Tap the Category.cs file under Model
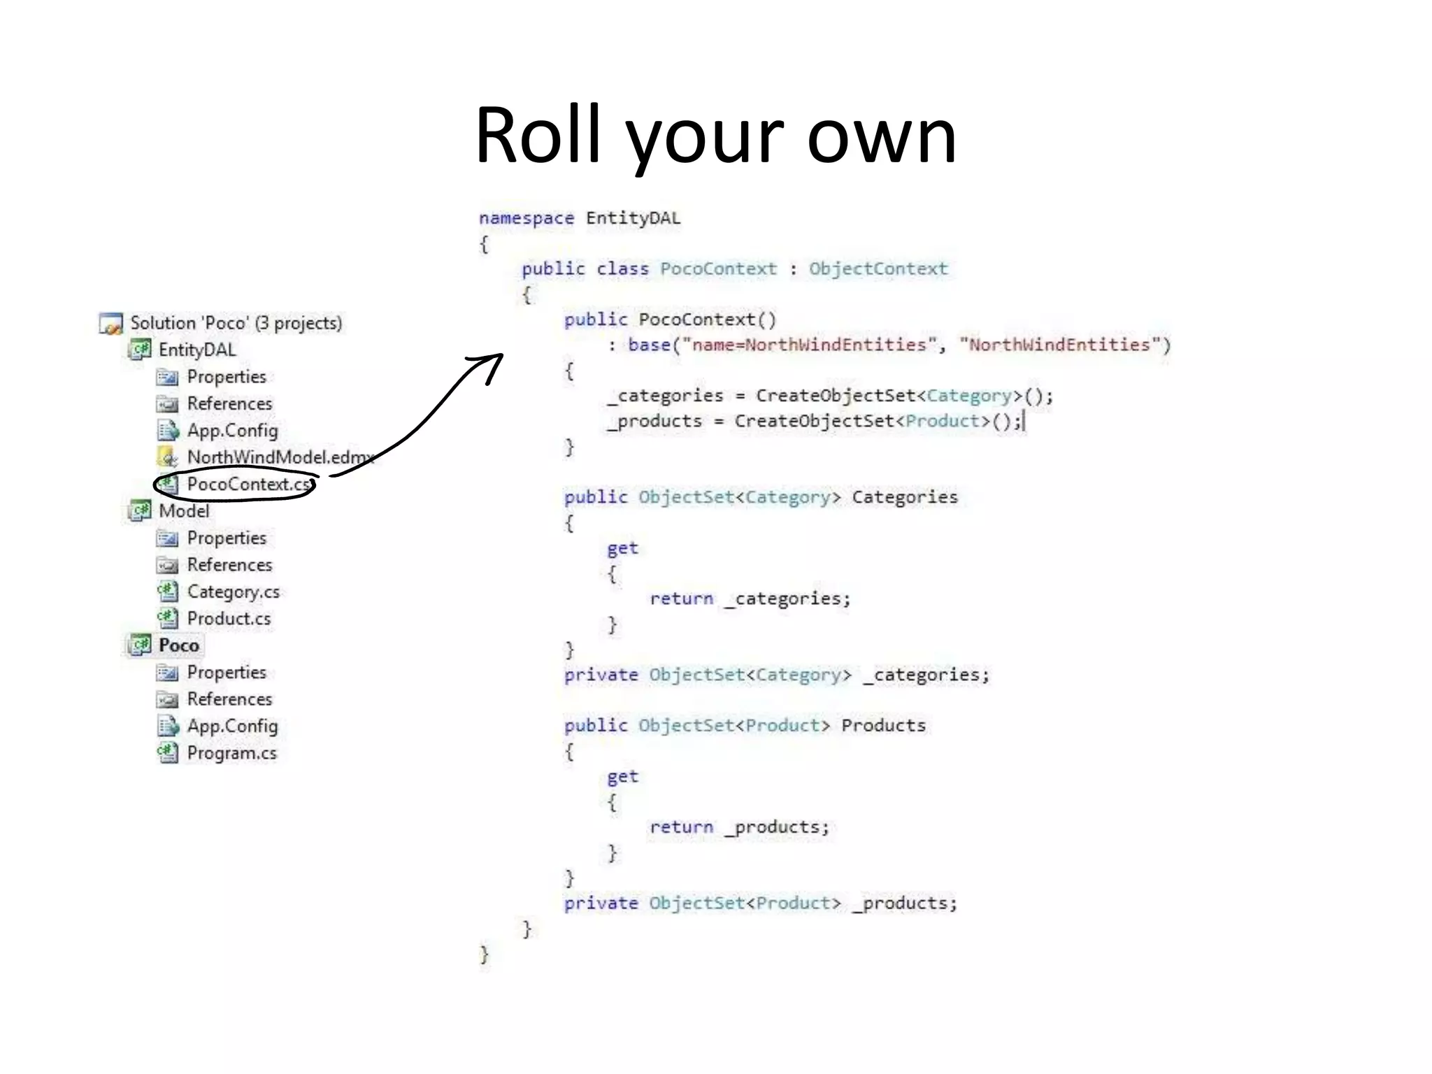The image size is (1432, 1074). [233, 592]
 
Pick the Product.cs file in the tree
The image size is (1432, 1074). [229, 619]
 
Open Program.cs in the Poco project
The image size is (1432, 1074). [231, 753]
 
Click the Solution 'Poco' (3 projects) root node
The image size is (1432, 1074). [236, 323]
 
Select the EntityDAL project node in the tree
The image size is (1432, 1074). [196, 350]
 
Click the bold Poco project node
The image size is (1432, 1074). [178, 645]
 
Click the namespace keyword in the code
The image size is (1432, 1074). [526, 218]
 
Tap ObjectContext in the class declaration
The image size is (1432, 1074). [878, 269]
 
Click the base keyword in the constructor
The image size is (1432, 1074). [648, 345]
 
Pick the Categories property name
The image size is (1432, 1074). [904, 497]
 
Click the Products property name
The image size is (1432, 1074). [882, 726]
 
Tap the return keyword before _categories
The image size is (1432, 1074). [681, 599]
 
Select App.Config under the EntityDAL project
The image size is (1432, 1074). [232, 431]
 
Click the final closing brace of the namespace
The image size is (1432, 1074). [484, 954]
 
